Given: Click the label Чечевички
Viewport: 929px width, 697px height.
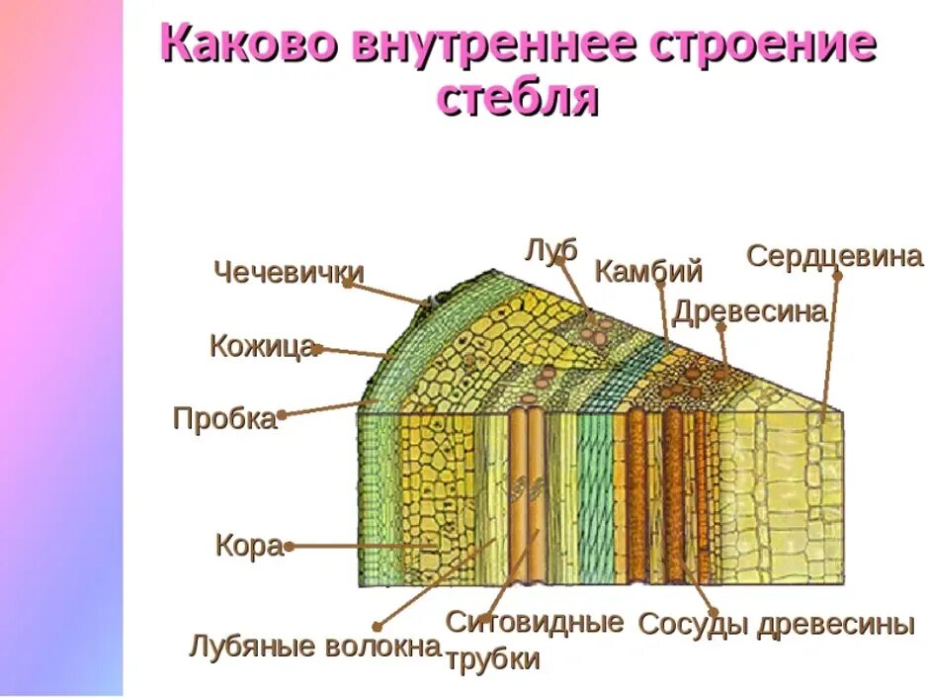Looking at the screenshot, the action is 289,272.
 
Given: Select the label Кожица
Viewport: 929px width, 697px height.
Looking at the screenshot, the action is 262,346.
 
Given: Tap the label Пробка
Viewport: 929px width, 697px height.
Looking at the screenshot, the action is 224,418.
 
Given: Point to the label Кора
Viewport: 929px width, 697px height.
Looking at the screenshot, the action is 248,546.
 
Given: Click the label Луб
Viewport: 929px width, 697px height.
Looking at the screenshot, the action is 550,249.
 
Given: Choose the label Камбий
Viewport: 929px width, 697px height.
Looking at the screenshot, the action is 648,271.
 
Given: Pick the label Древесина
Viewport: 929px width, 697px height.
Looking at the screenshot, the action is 749,312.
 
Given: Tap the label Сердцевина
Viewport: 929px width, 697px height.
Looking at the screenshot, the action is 834,256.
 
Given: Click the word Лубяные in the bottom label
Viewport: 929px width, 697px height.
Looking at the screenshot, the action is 251,648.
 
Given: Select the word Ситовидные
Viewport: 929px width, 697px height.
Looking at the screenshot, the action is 535,622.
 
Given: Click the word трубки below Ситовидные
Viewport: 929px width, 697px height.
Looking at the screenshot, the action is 493,659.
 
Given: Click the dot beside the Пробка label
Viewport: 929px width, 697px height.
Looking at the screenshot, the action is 283,415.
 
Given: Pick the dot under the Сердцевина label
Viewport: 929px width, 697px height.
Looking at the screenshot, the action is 837,275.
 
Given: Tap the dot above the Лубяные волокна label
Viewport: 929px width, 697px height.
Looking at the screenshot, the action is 378,625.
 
